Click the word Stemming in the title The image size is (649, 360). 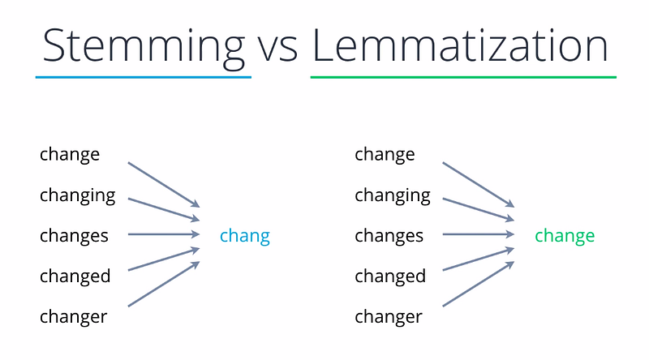144,47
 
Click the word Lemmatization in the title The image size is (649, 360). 460,45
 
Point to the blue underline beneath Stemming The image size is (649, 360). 144,77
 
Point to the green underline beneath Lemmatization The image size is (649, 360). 463,77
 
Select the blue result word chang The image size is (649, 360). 245,237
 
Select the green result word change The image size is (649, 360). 565,237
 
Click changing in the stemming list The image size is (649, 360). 77,196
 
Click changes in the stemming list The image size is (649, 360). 74,237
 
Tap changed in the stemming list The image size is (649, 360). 75,276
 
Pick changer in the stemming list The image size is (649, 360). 73,318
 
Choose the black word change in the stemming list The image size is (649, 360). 70,156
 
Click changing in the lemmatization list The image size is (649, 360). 393,196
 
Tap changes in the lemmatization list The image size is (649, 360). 389,237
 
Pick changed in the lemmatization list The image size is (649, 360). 390,276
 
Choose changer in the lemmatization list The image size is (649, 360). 389,318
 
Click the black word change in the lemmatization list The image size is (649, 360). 385,156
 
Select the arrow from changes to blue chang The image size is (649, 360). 164,234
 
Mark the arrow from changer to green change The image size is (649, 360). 479,284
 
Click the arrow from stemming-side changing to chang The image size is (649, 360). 164,209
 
